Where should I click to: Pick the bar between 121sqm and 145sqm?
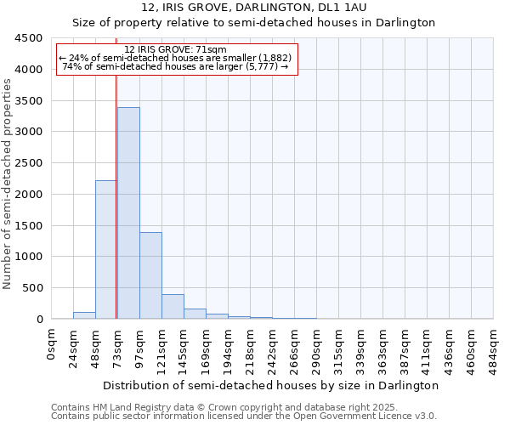(173, 307)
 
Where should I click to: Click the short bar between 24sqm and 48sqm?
(84, 315)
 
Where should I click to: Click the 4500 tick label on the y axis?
(28, 38)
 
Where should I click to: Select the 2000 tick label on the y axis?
(28, 194)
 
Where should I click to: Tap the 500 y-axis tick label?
(31, 288)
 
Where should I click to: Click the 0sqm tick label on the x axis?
(52, 343)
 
